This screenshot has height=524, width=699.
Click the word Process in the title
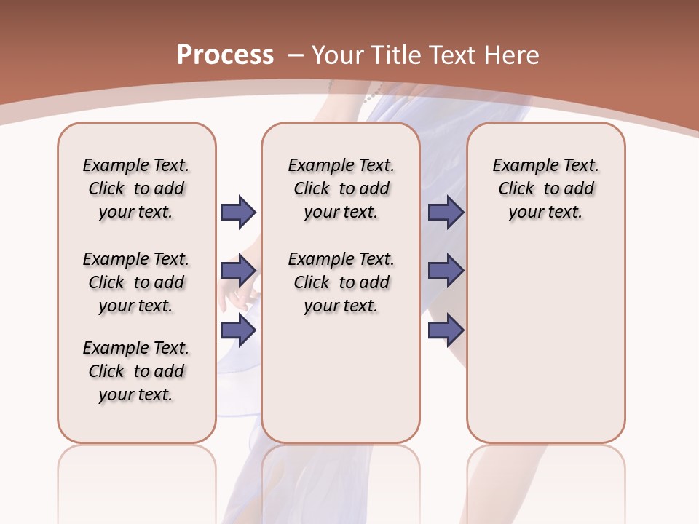click(225, 55)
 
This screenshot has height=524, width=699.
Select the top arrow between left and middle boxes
click(238, 212)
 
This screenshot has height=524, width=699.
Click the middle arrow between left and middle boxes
click(238, 271)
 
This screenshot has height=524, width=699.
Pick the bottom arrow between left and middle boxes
click(238, 330)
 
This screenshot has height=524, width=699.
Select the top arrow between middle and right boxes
click(446, 212)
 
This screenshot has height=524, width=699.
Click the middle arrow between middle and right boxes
click(446, 271)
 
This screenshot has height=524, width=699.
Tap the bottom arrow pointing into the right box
click(446, 330)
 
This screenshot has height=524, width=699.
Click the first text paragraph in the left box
click(136, 188)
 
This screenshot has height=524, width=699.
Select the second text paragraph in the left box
click(136, 282)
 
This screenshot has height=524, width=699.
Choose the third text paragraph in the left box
click(136, 371)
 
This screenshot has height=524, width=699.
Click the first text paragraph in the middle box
click(341, 188)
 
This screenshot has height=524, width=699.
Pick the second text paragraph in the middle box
click(341, 282)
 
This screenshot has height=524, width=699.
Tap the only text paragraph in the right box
click(546, 188)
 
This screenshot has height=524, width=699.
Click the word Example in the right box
click(522, 166)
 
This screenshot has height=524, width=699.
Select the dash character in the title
click(296, 55)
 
